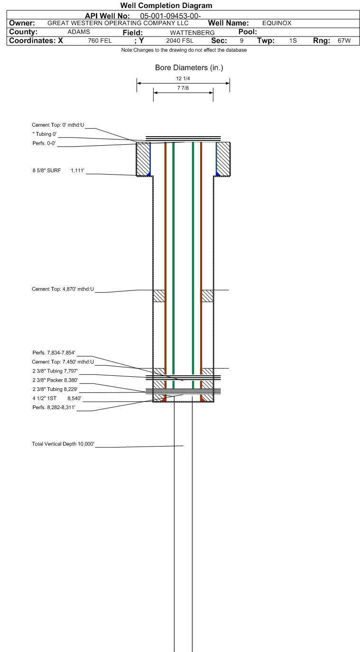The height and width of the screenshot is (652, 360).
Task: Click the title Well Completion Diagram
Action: (166, 6)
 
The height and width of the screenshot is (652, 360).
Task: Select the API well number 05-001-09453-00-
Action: (171, 16)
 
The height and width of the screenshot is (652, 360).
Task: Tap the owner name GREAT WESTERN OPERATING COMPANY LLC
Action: (118, 23)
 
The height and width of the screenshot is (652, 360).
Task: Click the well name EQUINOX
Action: (277, 23)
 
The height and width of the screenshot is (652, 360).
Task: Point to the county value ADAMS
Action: (79, 32)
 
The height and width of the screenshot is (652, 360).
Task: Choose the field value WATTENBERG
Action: (193, 33)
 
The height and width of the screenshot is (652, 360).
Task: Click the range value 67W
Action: (344, 41)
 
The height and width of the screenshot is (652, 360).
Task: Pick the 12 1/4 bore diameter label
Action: (183, 79)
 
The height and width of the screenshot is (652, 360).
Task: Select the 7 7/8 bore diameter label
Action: (183, 88)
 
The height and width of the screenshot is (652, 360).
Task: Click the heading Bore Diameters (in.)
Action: (189, 68)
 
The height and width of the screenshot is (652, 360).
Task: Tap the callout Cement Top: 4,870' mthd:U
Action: (63, 289)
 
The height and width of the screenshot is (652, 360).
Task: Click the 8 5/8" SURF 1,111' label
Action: (58, 170)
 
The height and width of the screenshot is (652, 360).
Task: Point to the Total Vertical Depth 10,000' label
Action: (63, 444)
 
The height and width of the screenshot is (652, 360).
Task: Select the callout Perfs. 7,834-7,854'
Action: (54, 353)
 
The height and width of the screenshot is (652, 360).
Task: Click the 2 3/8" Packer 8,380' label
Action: (55, 380)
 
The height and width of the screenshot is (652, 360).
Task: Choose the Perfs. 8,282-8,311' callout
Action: (54, 408)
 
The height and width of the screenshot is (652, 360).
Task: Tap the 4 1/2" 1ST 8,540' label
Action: (57, 399)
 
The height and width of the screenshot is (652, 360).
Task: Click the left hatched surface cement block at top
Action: (143, 159)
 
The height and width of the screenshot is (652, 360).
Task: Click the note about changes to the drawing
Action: (184, 50)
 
